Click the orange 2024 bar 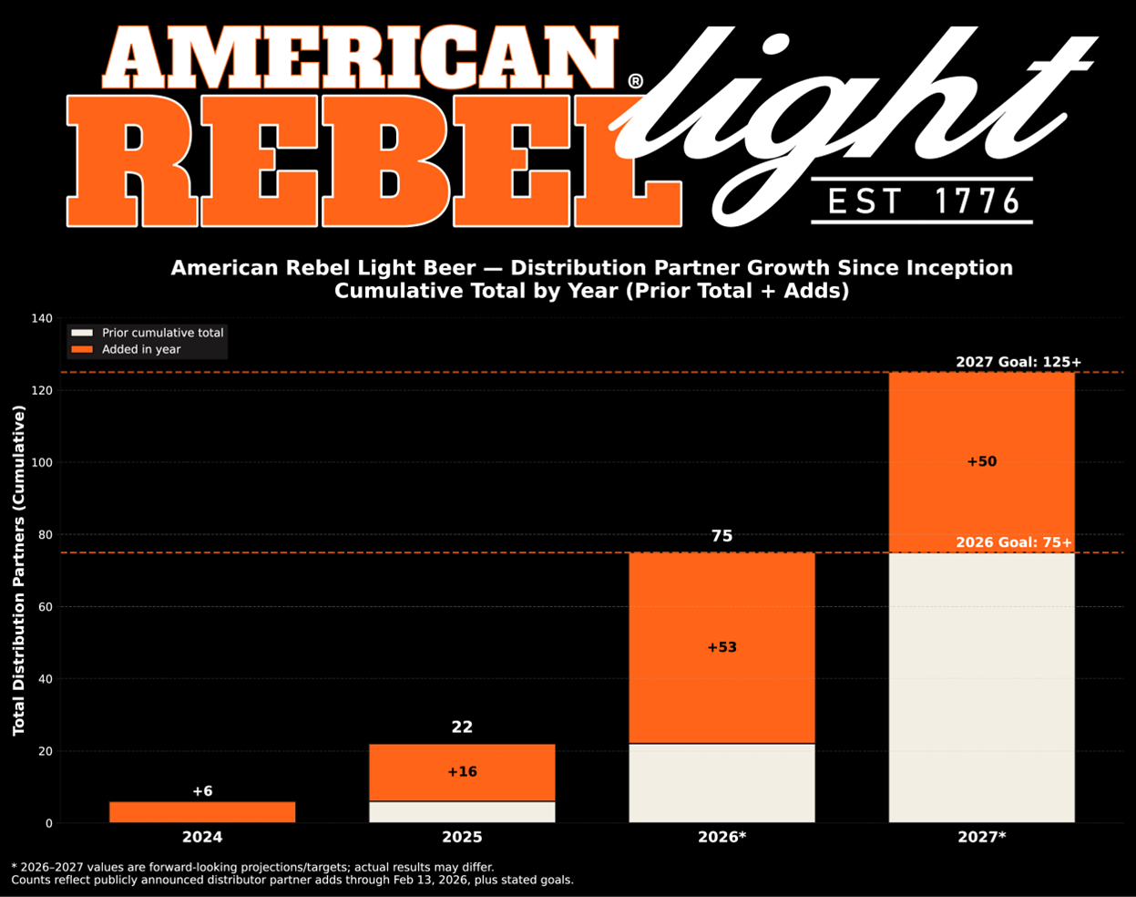click(201, 812)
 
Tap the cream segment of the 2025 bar click(462, 812)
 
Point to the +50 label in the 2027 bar click(981, 462)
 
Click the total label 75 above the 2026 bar click(722, 536)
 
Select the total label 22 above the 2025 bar click(462, 727)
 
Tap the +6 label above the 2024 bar click(201, 791)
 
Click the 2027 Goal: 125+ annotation click(1018, 362)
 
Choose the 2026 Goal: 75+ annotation click(1013, 543)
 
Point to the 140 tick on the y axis click(42, 318)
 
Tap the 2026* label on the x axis click(722, 837)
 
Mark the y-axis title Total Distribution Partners click(19, 571)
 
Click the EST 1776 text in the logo click(922, 201)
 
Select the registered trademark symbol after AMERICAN click(635, 81)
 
